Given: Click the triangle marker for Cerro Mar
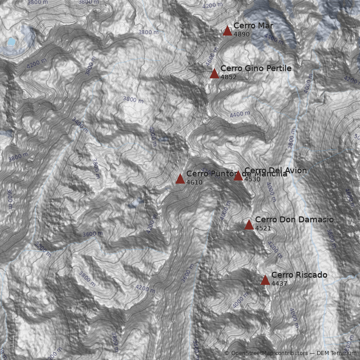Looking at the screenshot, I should coord(227,31).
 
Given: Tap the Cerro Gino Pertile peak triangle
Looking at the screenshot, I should coord(214,73).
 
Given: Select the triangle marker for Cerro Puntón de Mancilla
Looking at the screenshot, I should coord(180,179).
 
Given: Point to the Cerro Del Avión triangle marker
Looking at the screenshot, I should coord(238,176).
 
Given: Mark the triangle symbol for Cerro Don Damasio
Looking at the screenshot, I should coord(249,225).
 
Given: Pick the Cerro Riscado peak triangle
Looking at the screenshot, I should coord(265,280).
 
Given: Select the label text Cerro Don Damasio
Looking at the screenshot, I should coord(294,220).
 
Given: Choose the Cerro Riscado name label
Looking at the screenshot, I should coord(299,275).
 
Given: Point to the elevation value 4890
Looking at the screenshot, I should coord(242,34).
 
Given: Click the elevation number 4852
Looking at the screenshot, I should coord(229,77).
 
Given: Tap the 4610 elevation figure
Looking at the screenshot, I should coord(194,183).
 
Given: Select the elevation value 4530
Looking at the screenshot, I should coord(252,179).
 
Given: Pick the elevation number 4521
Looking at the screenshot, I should coord(263,228).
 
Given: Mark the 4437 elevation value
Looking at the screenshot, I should coord(279,283).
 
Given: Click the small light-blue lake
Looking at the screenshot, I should coord(10,42).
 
